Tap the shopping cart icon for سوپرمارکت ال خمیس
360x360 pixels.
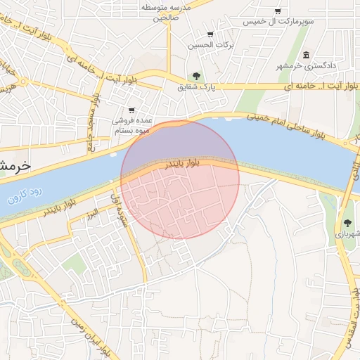point(278,11)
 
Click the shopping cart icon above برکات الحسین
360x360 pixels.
point(210,34)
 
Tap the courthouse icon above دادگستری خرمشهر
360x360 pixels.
point(305,55)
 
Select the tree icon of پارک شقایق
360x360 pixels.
point(196,76)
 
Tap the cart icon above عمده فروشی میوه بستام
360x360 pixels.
point(131,110)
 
